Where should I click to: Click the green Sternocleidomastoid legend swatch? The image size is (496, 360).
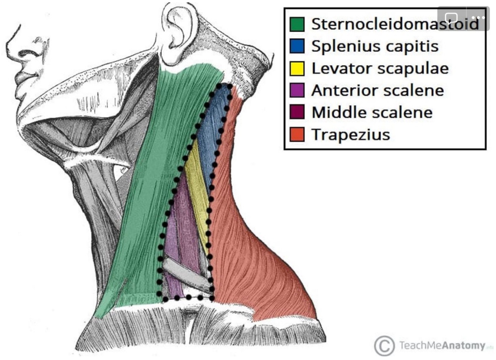[297, 24]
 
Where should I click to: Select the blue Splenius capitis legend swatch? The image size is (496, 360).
[297, 46]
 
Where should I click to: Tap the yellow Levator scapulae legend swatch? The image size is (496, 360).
[297, 68]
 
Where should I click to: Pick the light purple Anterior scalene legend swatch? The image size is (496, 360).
[297, 90]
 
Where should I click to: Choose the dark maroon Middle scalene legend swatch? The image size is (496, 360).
[297, 112]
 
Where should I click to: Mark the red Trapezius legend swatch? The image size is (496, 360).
[297, 134]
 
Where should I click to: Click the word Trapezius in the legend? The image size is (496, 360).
[351, 134]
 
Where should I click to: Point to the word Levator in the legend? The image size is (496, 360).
[336, 68]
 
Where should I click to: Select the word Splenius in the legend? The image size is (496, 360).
[339, 46]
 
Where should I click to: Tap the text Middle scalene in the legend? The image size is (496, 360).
[372, 112]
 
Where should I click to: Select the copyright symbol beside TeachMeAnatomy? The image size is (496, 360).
[384, 346]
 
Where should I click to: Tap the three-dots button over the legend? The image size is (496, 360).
[477, 17]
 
